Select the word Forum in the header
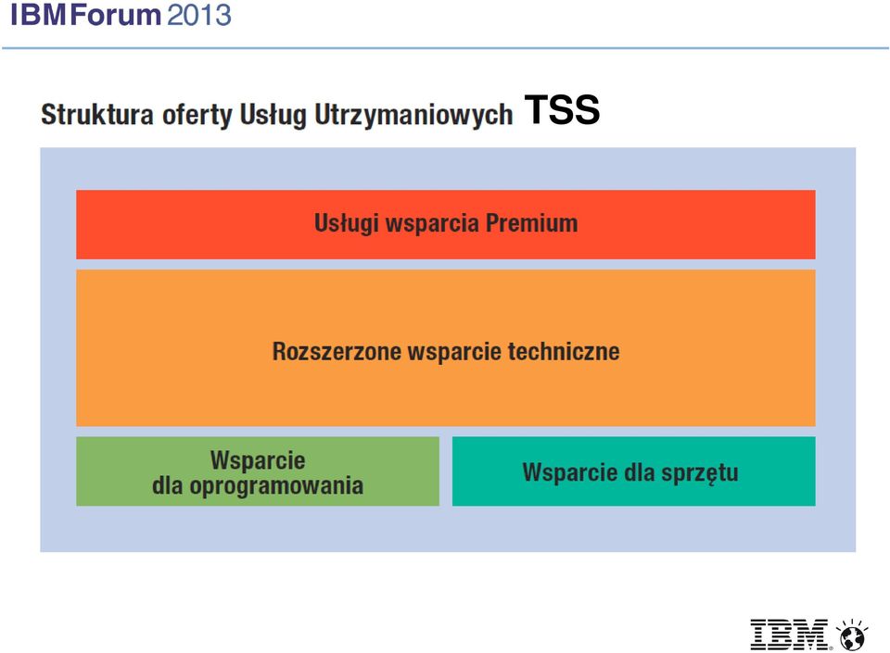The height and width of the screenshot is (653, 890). tap(116, 14)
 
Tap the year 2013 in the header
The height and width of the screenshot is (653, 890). tap(199, 14)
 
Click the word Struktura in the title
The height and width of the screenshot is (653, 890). tap(97, 114)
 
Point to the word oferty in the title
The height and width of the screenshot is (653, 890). tap(197, 115)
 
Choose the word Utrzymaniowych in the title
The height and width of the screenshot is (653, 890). tap(413, 115)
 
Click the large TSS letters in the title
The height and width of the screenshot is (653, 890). tap(562, 109)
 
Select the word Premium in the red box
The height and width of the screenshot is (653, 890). tap(531, 223)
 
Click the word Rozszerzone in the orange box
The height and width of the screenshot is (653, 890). tap(337, 351)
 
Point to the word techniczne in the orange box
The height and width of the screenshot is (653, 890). tap(563, 351)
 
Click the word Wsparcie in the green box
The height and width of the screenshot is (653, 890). tap(258, 459)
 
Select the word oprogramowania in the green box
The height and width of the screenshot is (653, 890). tap(276, 486)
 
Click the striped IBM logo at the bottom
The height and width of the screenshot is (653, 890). tap(789, 634)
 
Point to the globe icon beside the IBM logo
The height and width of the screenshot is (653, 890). tap(851, 634)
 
